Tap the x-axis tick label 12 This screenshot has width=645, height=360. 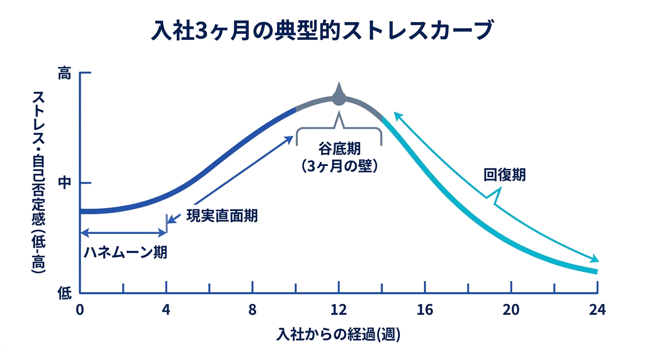[x=338, y=310]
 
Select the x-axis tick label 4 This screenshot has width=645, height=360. [x=166, y=310]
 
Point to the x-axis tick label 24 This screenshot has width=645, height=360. [x=597, y=310]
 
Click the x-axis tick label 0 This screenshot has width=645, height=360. [x=80, y=310]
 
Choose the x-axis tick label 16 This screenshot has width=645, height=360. [x=425, y=310]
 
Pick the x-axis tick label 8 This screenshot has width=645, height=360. [x=253, y=310]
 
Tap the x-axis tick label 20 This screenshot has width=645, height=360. [x=511, y=310]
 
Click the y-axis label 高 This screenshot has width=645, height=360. [x=64, y=74]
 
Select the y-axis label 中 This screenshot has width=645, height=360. [x=64, y=183]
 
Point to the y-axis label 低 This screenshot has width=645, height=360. [x=64, y=293]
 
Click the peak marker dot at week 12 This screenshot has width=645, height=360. [x=338, y=98]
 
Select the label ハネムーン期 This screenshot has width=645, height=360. [x=126, y=253]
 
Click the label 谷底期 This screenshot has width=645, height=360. [x=339, y=150]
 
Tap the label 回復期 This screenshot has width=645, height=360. [x=504, y=175]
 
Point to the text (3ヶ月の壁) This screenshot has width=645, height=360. [x=339, y=166]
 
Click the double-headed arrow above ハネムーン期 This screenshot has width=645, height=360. [x=124, y=232]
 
